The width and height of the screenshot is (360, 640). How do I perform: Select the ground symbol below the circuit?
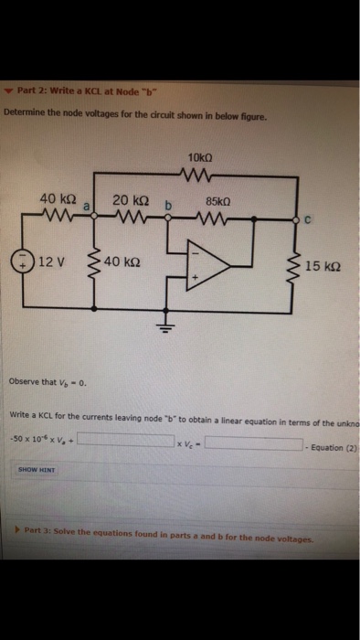(x=167, y=331)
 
